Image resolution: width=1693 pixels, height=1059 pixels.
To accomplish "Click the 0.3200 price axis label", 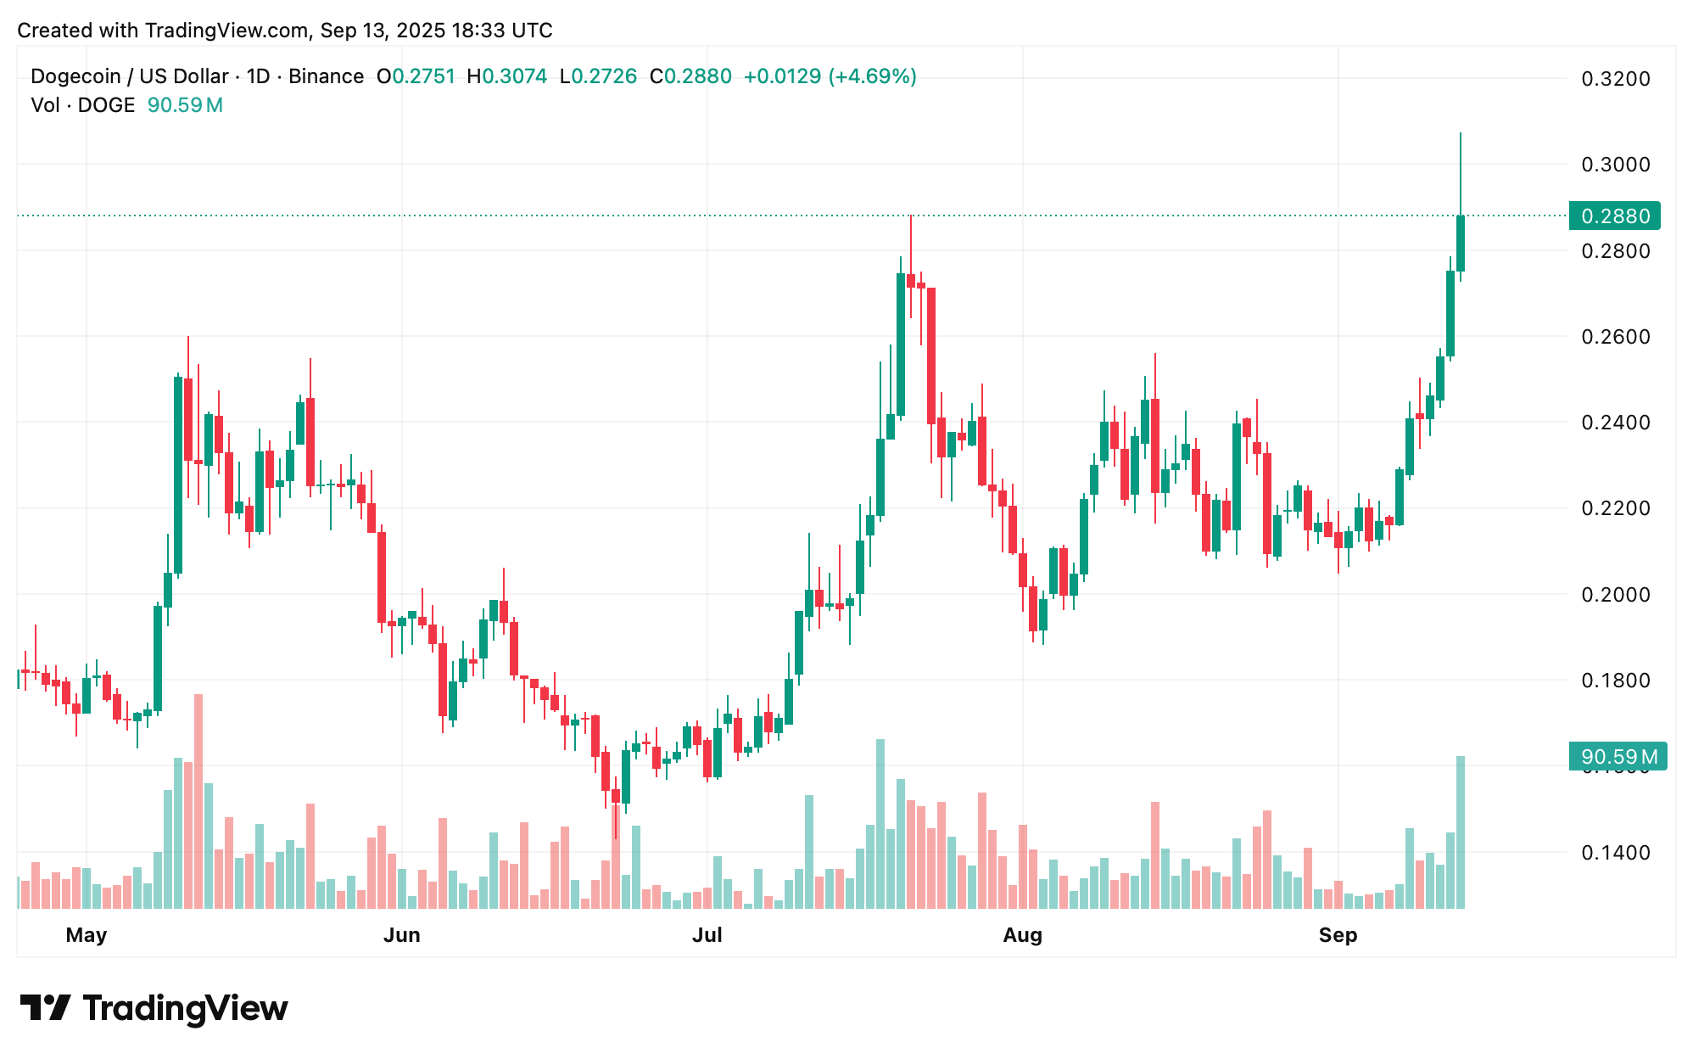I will coord(1615,79).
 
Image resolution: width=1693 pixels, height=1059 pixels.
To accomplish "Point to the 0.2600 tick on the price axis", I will coord(1615,337).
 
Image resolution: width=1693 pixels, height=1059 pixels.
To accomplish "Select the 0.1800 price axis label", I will coord(1615,681).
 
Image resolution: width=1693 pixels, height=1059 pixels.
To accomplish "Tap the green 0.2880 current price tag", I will coord(1614,216).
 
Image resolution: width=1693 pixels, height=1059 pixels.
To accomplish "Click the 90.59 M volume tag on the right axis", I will coord(1618,756).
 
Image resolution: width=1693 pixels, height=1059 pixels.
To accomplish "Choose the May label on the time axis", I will coord(87,935).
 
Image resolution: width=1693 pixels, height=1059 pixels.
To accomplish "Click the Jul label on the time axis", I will coord(707,935).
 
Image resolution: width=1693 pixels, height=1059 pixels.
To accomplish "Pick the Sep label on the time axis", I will coord(1338,935).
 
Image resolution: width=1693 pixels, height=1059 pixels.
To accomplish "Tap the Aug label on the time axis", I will coord(1022,935).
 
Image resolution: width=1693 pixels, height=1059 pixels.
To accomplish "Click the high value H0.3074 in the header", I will coord(507,76).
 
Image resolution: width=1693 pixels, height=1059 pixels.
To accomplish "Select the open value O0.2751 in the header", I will coord(416,76).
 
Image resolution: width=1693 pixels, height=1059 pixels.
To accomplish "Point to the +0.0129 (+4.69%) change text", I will coord(830,76).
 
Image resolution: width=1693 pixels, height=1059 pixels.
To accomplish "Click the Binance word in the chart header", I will coord(326,76).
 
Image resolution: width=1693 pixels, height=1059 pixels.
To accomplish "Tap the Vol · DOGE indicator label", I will coord(83,105).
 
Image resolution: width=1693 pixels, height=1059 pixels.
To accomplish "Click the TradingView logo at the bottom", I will coord(154,1008).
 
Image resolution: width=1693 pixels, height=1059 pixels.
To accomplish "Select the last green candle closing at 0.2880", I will coord(1461,244).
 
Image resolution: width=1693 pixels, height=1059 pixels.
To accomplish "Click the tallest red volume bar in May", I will coord(198,801).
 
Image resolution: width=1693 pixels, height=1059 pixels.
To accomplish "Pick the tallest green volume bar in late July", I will coord(880,823).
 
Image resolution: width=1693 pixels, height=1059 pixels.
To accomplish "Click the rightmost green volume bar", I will coord(1461,832).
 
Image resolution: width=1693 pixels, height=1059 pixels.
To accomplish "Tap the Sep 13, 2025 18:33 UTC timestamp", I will coord(436,31).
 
